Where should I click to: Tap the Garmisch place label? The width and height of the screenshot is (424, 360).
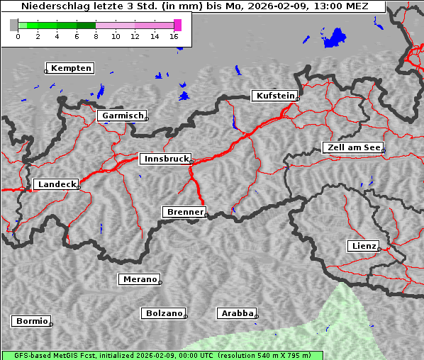(123, 116)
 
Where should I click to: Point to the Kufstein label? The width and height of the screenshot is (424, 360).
(274, 96)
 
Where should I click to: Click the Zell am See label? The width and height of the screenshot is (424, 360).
(353, 147)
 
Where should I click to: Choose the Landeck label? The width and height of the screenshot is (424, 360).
(57, 184)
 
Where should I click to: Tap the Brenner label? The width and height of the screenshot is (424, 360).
(185, 212)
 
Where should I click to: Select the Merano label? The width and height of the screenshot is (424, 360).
(139, 279)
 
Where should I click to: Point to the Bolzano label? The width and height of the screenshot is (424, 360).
(164, 313)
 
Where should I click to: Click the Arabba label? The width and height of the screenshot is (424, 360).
(236, 313)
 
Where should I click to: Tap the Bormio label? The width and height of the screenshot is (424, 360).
(32, 321)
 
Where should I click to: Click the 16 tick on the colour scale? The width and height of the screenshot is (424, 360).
(174, 36)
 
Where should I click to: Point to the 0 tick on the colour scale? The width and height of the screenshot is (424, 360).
(18, 36)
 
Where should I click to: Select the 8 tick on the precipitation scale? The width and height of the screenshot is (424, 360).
(96, 36)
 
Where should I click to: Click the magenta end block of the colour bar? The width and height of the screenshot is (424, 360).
(177, 25)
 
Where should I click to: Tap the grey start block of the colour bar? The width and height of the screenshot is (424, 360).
(14, 25)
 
